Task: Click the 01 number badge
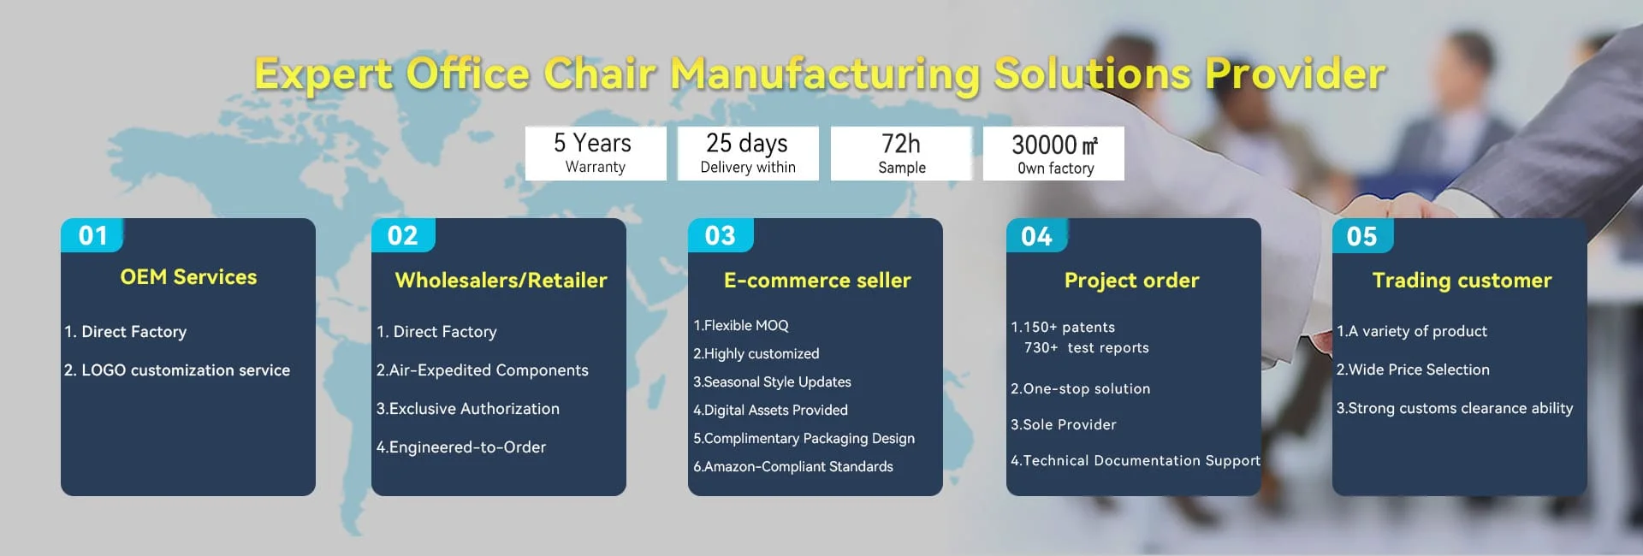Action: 92,235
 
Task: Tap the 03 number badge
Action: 721,235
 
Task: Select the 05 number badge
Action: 1362,236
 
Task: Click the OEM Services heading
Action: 188,277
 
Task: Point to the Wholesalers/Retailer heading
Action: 501,280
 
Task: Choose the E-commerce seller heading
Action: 817,280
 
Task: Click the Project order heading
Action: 1131,281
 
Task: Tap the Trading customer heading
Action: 1462,281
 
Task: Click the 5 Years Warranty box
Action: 596,153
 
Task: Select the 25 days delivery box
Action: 748,153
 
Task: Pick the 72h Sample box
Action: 902,153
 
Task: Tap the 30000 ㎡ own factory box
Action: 1054,153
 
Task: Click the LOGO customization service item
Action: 177,370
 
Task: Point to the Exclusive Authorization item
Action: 468,409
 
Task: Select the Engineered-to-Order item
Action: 461,447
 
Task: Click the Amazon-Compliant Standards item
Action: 793,466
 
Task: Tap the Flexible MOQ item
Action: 741,325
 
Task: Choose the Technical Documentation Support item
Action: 1136,460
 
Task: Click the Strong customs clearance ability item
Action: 1455,409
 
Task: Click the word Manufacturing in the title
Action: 825,74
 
